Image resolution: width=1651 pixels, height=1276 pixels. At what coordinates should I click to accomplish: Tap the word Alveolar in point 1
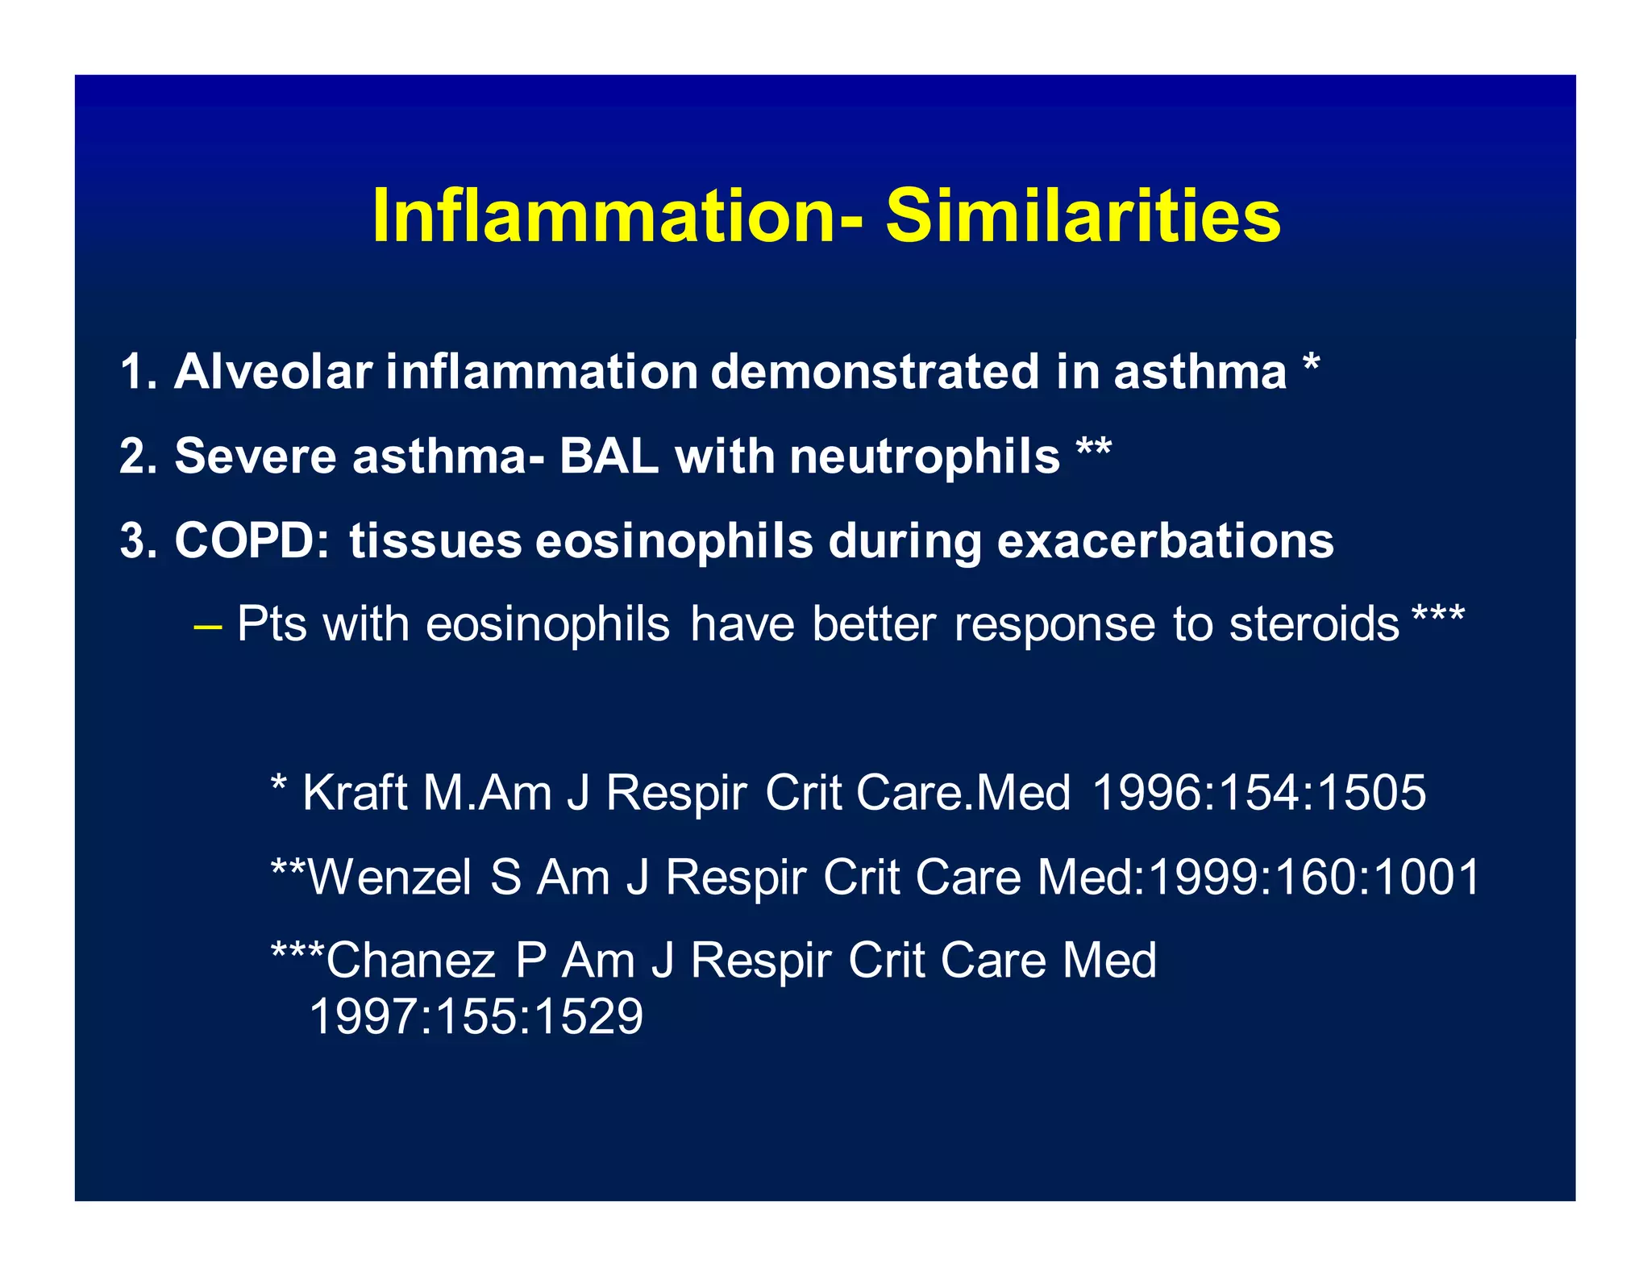click(273, 372)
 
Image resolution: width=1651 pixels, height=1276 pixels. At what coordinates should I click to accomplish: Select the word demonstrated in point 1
click(874, 372)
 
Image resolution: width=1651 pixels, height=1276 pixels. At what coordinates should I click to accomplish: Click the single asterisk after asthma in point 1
click(1312, 367)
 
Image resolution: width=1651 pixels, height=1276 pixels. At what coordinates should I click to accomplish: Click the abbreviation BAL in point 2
click(609, 457)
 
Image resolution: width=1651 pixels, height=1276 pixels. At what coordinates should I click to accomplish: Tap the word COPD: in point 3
click(252, 540)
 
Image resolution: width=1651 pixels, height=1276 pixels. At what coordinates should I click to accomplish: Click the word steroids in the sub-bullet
click(1313, 624)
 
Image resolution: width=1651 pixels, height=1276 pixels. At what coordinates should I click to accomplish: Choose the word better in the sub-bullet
click(874, 624)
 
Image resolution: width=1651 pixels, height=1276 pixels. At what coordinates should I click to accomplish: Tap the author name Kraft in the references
click(355, 793)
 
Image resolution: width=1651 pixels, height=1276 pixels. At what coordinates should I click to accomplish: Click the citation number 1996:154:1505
click(1258, 793)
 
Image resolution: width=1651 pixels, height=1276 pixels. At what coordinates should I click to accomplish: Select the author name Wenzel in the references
click(390, 877)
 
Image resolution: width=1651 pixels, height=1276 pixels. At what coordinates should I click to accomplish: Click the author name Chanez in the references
click(410, 961)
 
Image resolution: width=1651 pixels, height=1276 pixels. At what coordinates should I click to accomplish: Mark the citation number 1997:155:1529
click(476, 1016)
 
